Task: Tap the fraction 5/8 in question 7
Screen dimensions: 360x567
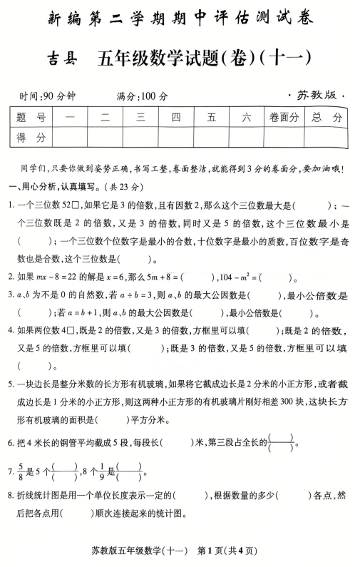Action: [x=21, y=471]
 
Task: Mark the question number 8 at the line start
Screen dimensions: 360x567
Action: [x=11, y=495]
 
